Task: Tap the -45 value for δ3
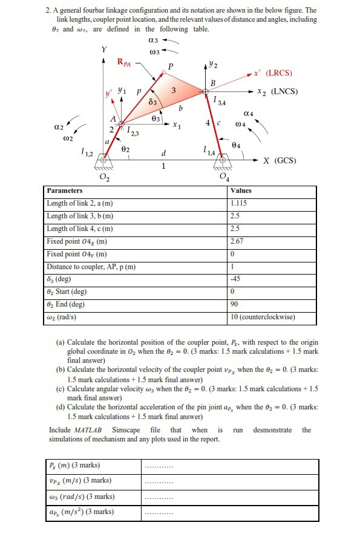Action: click(x=236, y=279)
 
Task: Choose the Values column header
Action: click(x=241, y=190)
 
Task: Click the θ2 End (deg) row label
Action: click(x=66, y=304)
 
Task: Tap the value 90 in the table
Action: click(x=235, y=304)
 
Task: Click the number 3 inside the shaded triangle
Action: click(x=174, y=91)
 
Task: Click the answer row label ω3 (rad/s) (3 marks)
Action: click(x=82, y=497)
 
